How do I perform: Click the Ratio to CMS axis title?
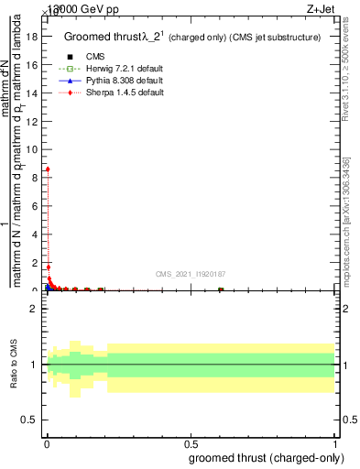[14, 364]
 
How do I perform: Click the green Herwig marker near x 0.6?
[220, 289]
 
